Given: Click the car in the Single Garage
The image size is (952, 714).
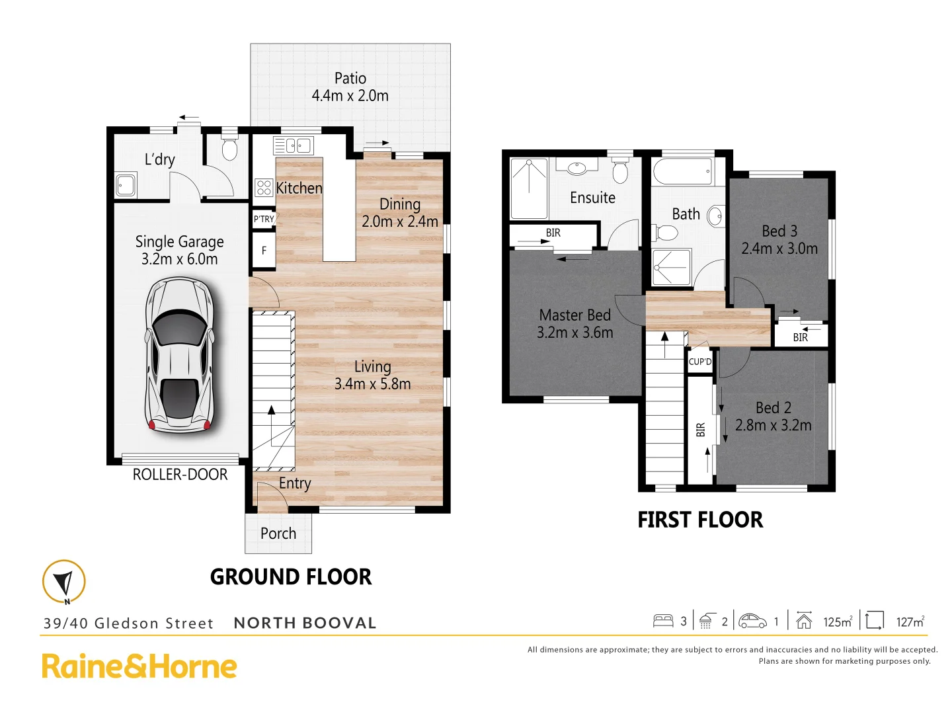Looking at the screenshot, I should [180, 355].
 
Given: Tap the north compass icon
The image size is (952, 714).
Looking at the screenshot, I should [64, 582].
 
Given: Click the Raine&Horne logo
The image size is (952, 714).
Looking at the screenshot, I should [139, 666].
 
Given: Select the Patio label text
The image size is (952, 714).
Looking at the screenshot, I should [350, 79].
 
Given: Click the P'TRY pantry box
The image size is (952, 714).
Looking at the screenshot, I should [264, 219].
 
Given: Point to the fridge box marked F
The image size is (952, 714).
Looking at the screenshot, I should [264, 251].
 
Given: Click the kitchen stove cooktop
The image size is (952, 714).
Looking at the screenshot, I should [264, 188].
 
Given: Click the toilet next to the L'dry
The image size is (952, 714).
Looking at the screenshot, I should [229, 150].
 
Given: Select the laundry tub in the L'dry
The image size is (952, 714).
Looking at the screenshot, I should [126, 185].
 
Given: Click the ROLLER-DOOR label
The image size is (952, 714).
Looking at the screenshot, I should [180, 475].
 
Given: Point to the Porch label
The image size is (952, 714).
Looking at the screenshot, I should [278, 534].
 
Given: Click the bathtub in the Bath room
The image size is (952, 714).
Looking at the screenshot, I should [682, 172].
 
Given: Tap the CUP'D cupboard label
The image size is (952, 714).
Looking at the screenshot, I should [700, 362].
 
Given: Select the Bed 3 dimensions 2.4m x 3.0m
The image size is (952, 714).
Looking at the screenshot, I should [779, 249].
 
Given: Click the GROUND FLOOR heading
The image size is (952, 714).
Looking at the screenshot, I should [291, 577].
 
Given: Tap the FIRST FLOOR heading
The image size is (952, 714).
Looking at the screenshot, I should [700, 520].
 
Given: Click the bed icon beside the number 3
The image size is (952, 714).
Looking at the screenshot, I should [662, 621].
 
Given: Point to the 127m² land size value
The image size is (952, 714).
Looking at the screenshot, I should [910, 621].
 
